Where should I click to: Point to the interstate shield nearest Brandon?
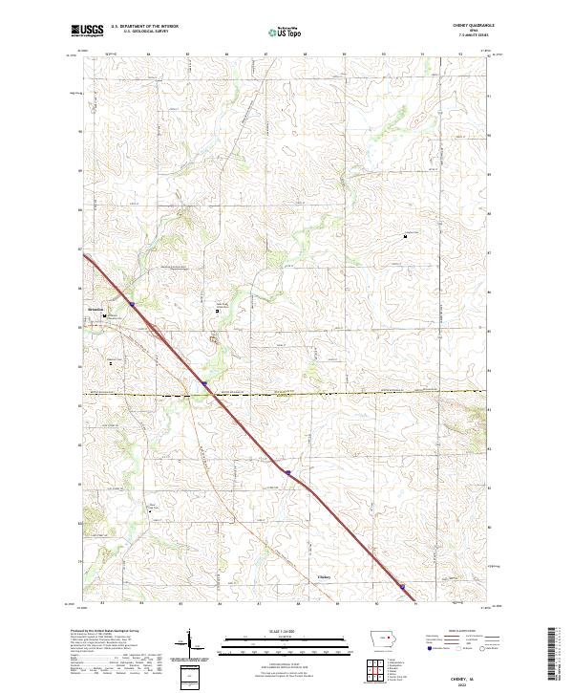point(133,305)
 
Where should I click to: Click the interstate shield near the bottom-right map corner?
point(402,588)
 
